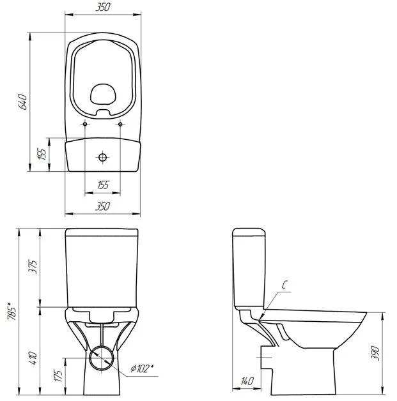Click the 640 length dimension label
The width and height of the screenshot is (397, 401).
point(23,102)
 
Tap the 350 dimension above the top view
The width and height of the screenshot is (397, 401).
point(103,7)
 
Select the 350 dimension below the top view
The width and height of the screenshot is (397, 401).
point(102,206)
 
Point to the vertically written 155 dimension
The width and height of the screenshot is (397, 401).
point(42,154)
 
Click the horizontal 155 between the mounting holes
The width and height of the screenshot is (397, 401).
point(103,185)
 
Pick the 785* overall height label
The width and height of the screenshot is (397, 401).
point(12,311)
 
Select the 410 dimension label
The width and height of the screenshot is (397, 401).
point(33,358)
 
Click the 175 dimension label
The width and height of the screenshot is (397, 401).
point(58,375)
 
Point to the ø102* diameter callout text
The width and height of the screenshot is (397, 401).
point(142,368)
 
